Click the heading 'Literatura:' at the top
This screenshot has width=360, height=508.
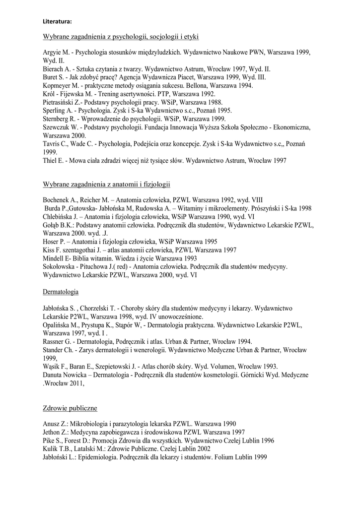57,21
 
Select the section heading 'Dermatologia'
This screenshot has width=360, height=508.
61,292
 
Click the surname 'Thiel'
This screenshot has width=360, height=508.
51,160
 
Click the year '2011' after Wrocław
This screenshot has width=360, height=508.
75,383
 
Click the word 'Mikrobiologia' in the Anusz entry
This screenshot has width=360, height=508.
93,424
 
